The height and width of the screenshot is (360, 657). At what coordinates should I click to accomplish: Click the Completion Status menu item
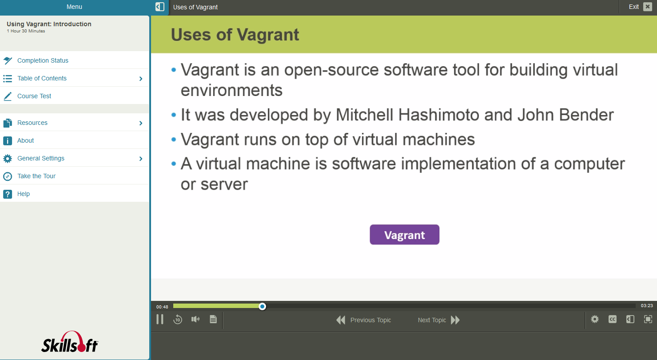pyautogui.click(x=43, y=60)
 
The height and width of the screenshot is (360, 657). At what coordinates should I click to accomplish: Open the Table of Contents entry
pyautogui.click(x=42, y=78)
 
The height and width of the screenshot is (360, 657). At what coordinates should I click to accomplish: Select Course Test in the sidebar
pyautogui.click(x=34, y=96)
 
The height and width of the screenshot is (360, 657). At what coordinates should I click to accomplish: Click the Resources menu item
pyautogui.click(x=32, y=123)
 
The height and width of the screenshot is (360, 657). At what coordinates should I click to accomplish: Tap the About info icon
pyautogui.click(x=8, y=140)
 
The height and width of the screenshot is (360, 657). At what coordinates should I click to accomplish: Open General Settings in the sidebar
pyautogui.click(x=41, y=158)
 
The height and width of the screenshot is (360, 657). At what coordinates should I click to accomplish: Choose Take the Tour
pyautogui.click(x=36, y=176)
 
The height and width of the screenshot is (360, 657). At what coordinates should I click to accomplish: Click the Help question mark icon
pyautogui.click(x=8, y=194)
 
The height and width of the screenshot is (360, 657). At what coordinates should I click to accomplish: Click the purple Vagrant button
pyautogui.click(x=404, y=235)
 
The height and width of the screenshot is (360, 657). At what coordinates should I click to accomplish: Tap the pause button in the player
pyautogui.click(x=160, y=319)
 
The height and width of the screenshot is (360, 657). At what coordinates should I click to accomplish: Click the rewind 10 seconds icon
pyautogui.click(x=178, y=319)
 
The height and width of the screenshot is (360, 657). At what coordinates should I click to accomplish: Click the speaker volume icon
pyautogui.click(x=195, y=319)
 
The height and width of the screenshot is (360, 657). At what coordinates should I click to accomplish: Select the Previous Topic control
pyautogui.click(x=364, y=320)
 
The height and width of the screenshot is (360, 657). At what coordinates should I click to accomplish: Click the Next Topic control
pyautogui.click(x=438, y=320)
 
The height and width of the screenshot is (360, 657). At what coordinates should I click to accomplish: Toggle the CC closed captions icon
pyautogui.click(x=612, y=319)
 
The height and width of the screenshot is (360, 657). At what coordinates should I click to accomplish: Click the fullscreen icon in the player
pyautogui.click(x=648, y=319)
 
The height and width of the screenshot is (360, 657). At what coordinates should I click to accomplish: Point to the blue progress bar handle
pyautogui.click(x=263, y=306)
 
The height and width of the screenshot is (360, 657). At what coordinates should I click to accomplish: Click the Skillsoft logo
pyautogui.click(x=70, y=342)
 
